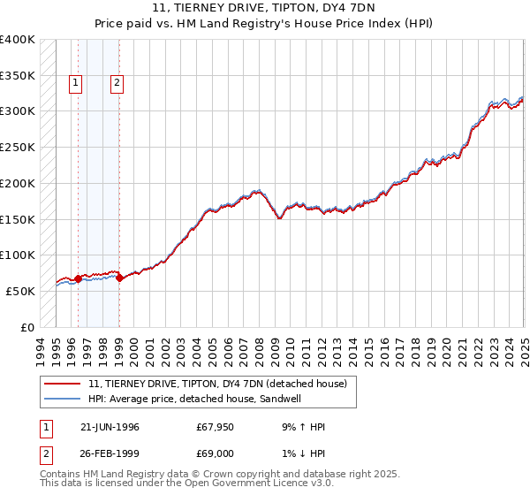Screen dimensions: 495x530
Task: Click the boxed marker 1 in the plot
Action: click(77, 84)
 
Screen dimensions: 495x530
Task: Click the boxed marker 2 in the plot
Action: click(117, 84)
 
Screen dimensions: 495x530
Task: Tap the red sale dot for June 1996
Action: click(78, 278)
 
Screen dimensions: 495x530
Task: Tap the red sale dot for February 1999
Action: click(119, 278)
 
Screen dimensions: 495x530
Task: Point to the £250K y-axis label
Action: click(18, 147)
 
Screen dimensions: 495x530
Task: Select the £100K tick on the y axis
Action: click(18, 255)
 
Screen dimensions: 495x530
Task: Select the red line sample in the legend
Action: click(63, 384)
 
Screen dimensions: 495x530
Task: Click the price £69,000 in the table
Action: click(215, 454)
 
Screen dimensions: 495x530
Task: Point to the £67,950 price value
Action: click(215, 427)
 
